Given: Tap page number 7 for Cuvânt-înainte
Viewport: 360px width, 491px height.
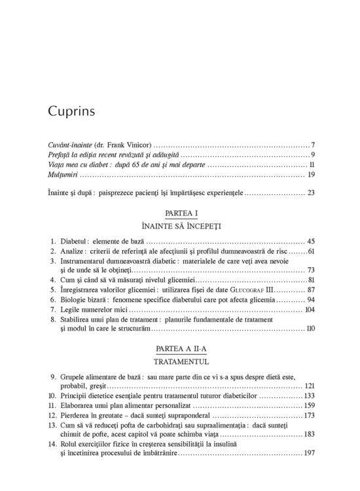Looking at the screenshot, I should tap(314, 144).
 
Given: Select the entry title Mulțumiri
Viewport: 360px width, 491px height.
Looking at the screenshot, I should tap(63, 175).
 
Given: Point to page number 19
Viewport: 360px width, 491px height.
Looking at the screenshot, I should tap(312, 175).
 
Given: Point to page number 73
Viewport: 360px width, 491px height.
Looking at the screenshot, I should tap(311, 270).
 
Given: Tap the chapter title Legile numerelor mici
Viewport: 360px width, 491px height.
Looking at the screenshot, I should tap(96, 308).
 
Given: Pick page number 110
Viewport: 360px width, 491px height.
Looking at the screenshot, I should tap(310, 327).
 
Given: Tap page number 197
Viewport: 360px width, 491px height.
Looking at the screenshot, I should tap(310, 452).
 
